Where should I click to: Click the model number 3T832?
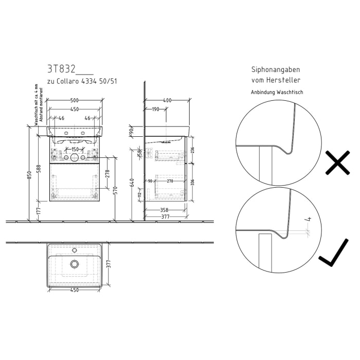(61, 68)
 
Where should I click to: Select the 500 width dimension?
(75, 100)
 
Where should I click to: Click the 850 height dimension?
(30, 175)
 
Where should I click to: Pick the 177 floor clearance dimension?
(40, 211)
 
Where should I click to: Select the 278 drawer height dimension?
(107, 173)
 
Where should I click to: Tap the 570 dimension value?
(117, 190)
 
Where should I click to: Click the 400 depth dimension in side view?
(167, 100)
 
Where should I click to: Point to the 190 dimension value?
(155, 109)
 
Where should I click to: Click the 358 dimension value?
(164, 209)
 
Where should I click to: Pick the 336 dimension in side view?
(192, 182)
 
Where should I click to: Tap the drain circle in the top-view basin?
(75, 264)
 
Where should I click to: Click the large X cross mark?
(337, 164)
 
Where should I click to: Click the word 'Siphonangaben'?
(275, 69)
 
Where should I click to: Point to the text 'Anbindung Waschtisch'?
(277, 93)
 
